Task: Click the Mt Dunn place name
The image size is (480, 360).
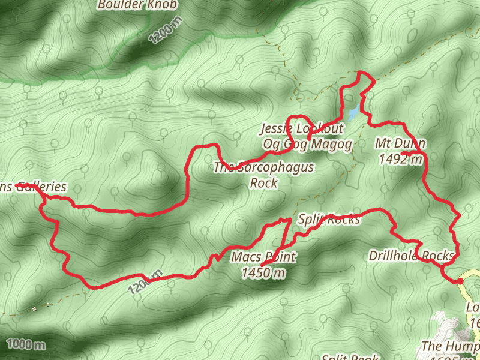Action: pyautogui.click(x=400, y=143)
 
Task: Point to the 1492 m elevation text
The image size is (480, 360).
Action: pyautogui.click(x=401, y=159)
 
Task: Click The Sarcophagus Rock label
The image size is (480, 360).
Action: pyautogui.click(x=263, y=168)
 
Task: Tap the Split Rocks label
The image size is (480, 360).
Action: pyautogui.click(x=329, y=220)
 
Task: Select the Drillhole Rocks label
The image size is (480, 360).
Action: pyautogui.click(x=411, y=257)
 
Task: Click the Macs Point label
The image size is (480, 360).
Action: pyautogui.click(x=263, y=258)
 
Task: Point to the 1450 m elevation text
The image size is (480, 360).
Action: pyautogui.click(x=263, y=274)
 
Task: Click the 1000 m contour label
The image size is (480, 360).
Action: pyautogui.click(x=27, y=344)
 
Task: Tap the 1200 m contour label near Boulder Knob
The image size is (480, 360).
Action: pyautogui.click(x=166, y=31)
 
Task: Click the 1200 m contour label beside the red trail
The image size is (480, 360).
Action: pyautogui.click(x=145, y=281)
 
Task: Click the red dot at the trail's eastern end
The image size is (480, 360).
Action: pyautogui.click(x=460, y=281)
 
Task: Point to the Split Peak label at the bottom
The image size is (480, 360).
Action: pyautogui.click(x=350, y=357)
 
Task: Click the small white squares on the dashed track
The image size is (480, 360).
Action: pyautogui.click(x=34, y=309)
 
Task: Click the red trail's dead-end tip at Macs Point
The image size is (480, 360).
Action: pyautogui.click(x=262, y=265)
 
